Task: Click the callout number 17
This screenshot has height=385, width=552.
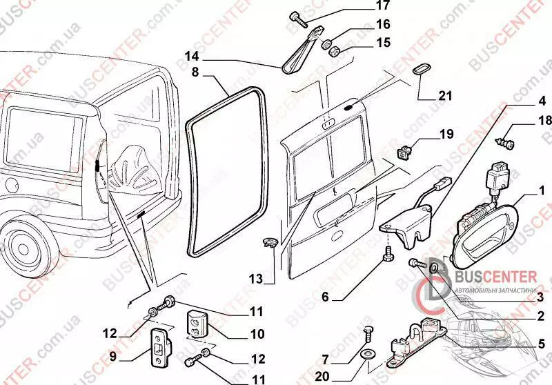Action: (x=364, y=7)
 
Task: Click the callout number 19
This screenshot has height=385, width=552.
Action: (x=446, y=134)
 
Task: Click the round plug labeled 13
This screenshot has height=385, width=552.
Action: (x=270, y=241)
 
